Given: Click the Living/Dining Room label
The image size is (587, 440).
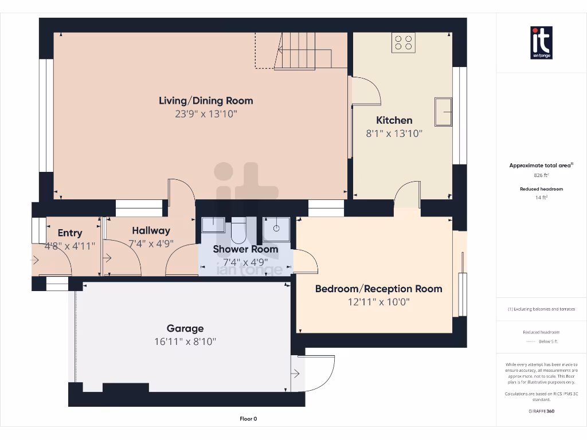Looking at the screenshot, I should (x=206, y=101).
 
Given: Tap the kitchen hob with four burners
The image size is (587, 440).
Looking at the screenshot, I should (x=404, y=42).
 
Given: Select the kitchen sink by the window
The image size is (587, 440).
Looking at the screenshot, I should (x=443, y=112).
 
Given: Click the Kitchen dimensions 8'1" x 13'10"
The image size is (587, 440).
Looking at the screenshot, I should (x=394, y=133).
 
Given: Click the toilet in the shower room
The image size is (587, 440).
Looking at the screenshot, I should (x=238, y=231).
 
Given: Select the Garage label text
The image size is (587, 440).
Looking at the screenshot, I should (x=185, y=328).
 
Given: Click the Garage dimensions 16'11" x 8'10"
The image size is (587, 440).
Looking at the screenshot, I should (x=185, y=341).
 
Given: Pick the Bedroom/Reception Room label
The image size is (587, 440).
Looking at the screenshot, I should (x=378, y=289).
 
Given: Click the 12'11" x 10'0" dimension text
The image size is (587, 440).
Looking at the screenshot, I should (x=378, y=302).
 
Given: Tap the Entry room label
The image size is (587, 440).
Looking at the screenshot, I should (x=70, y=233).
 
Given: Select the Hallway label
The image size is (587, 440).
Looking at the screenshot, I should (x=151, y=231).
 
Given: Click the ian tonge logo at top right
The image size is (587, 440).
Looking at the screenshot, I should (x=542, y=43).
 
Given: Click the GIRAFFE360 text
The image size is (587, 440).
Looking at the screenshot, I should (x=542, y=411).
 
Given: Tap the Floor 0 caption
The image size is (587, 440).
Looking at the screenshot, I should (x=248, y=419).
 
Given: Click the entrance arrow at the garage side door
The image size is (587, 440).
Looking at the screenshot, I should (x=295, y=374).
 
